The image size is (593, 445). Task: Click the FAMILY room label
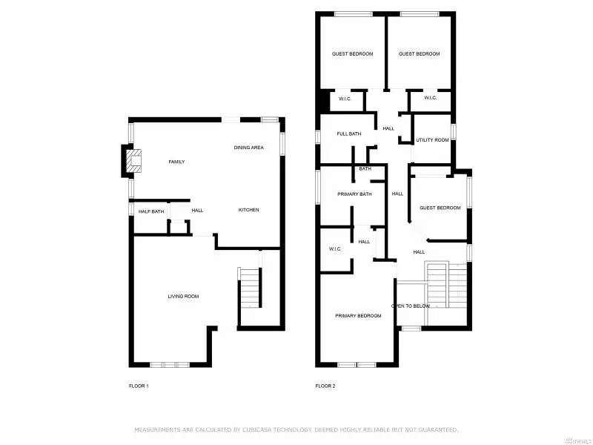click(176, 162)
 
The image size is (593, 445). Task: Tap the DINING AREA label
click(249, 148)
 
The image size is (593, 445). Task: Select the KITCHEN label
click(248, 211)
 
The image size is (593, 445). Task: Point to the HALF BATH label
click(151, 211)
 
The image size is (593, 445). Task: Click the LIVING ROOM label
click(183, 297)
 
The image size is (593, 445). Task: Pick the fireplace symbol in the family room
click(132, 161)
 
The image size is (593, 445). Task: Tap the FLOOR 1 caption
click(139, 386)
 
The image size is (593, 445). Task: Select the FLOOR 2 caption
click(325, 386)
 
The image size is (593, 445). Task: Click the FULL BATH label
click(349, 133)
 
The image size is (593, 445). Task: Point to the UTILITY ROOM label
click(432, 140)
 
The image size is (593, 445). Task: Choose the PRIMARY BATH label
click(354, 194)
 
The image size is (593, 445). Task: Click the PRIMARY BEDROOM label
click(358, 316)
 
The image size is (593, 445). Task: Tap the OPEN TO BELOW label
click(411, 306)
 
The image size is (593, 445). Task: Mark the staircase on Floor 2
click(439, 286)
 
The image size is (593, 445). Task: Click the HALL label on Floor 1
click(197, 211)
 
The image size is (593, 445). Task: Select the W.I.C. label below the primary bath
click(335, 248)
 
